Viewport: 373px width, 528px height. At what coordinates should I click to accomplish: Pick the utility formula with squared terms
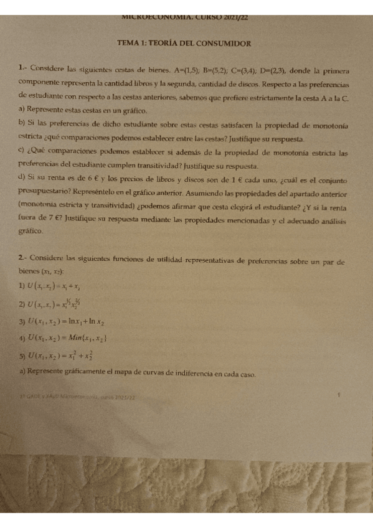click(x=66, y=356)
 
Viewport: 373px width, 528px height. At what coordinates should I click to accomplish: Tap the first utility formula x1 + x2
click(x=59, y=286)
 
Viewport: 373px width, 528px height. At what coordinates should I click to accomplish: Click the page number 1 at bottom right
click(x=338, y=395)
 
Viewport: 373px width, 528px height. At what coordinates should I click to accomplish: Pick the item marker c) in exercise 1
click(x=22, y=152)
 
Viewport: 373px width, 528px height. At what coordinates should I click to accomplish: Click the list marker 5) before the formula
click(x=22, y=356)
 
